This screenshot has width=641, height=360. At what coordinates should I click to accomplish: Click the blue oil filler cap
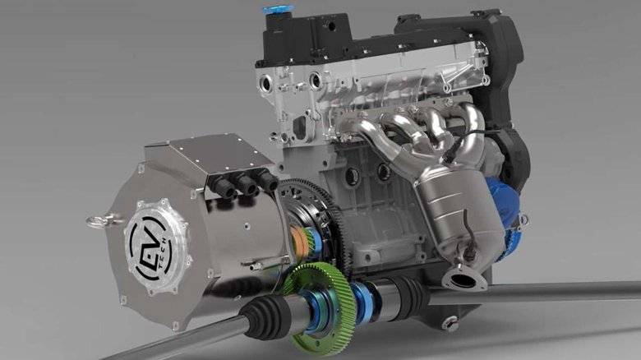[277, 9]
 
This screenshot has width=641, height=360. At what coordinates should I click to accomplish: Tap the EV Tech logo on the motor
[150, 246]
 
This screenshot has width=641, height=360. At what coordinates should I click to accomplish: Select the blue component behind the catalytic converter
[504, 205]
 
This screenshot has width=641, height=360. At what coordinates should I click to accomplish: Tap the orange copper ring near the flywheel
[300, 241]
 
